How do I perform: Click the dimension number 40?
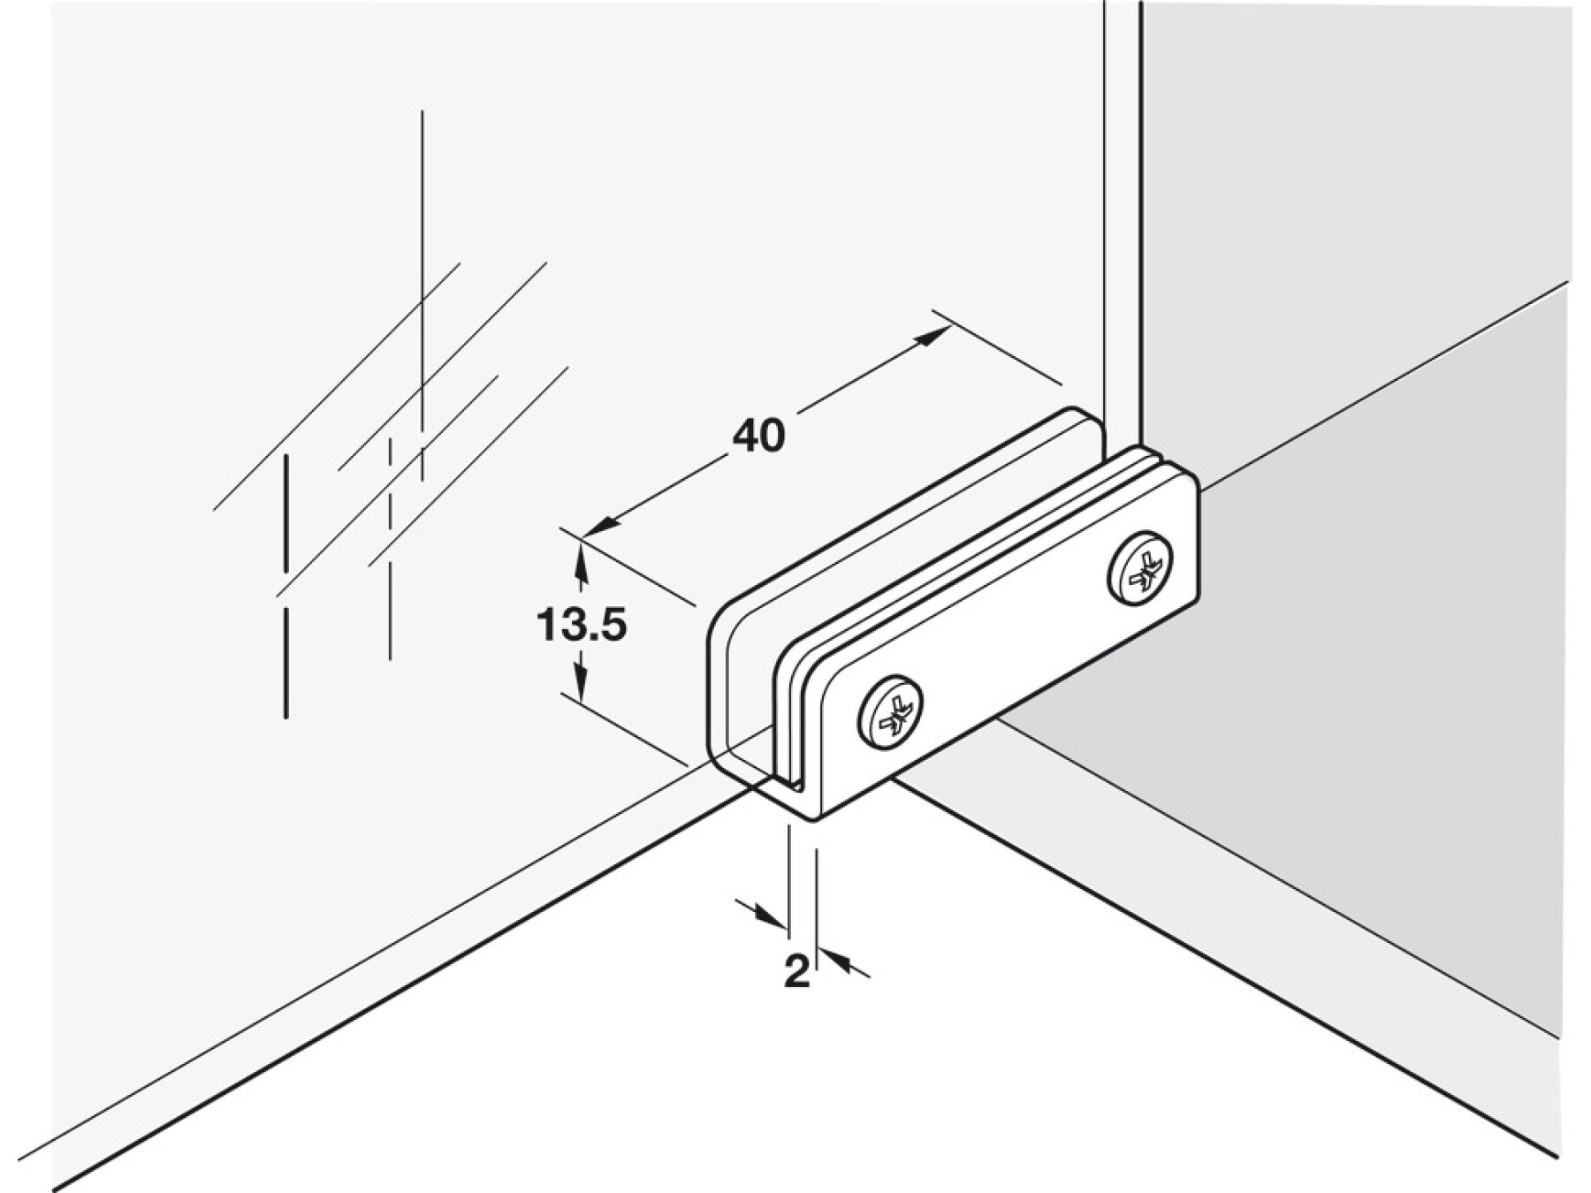click(758, 436)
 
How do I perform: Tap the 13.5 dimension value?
click(581, 626)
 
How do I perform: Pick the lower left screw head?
click(890, 713)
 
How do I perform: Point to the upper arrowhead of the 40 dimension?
click(933, 335)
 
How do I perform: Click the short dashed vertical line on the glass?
click(390, 548)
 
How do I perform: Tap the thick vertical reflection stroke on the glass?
click(285, 587)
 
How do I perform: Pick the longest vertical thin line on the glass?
click(422, 295)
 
